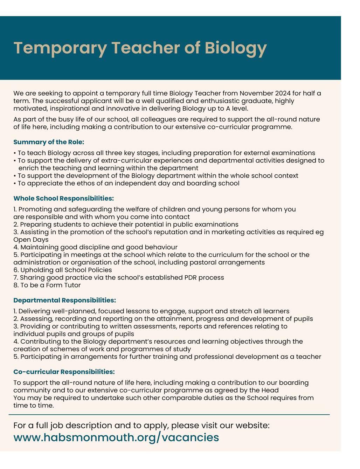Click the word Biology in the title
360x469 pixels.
point(235,48)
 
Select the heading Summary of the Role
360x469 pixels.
point(49,142)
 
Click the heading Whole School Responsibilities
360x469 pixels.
point(63,199)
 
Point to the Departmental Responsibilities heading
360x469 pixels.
point(64,301)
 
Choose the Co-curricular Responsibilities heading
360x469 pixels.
point(64,372)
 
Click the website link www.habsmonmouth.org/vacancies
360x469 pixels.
point(116,437)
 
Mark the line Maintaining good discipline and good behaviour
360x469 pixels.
point(95,247)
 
